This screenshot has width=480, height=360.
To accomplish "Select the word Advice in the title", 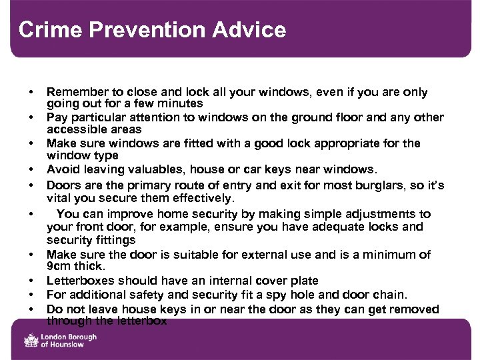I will click(253, 30).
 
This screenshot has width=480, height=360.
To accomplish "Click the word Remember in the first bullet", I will click(75, 92).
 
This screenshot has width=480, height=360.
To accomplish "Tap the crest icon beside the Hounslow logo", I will click(31, 341).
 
